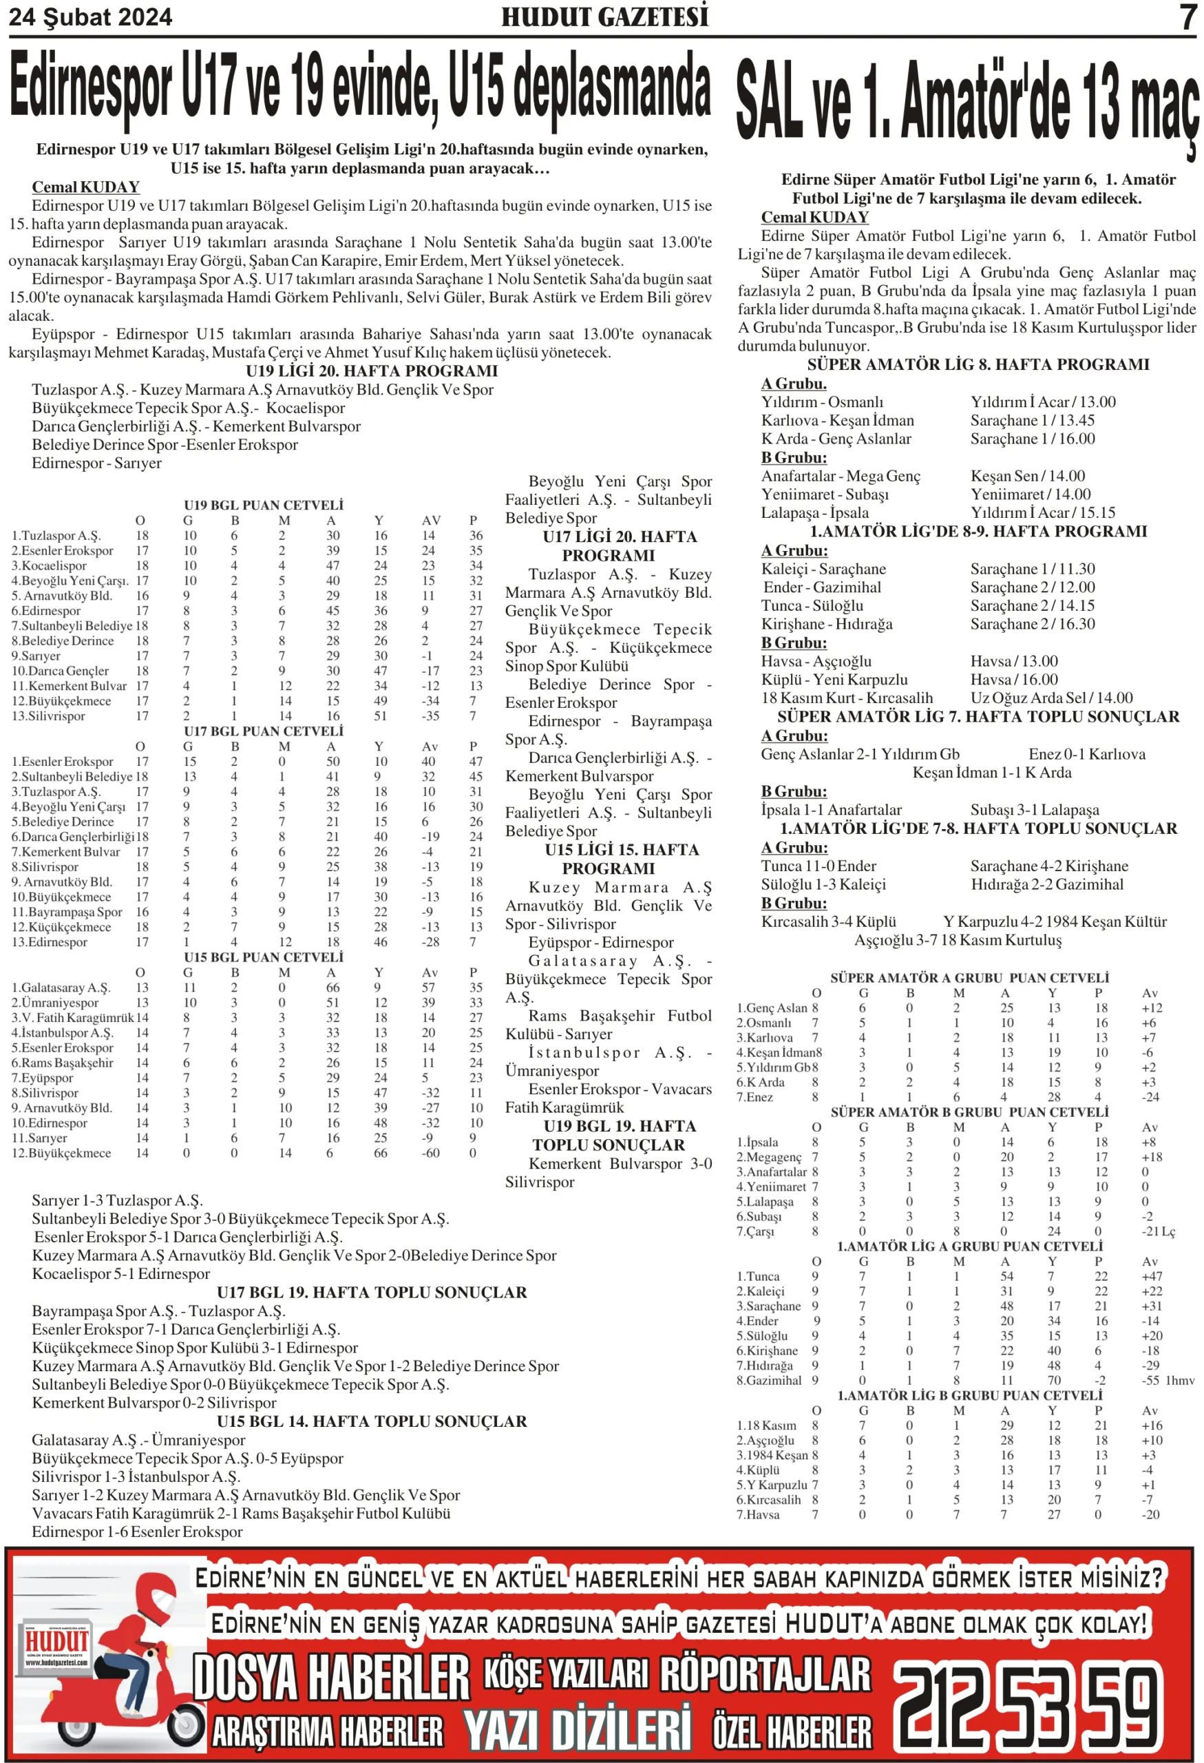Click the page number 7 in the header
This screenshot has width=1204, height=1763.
(x=1187, y=17)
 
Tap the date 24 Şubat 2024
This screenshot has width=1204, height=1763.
(x=90, y=17)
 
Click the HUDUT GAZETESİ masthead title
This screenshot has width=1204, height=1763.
(x=604, y=17)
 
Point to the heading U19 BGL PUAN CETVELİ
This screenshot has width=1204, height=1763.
(x=263, y=505)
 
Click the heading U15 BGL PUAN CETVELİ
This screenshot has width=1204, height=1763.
(x=263, y=957)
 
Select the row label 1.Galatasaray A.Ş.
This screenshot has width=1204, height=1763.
(x=61, y=988)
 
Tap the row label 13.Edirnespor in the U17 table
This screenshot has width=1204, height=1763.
(x=50, y=942)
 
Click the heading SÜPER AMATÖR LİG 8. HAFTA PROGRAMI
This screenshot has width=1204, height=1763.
(x=978, y=365)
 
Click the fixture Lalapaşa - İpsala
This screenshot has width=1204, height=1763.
(x=814, y=513)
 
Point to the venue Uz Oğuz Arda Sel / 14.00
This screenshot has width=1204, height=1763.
(x=1051, y=698)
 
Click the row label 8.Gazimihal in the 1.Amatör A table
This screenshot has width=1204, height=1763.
(x=769, y=1381)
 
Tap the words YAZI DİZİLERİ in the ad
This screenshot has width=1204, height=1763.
(x=577, y=1731)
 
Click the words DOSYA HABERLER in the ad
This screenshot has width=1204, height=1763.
(x=331, y=1678)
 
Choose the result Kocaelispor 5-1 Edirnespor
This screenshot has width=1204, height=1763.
(x=120, y=1274)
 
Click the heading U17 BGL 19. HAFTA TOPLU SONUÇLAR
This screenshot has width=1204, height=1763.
(x=372, y=1293)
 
